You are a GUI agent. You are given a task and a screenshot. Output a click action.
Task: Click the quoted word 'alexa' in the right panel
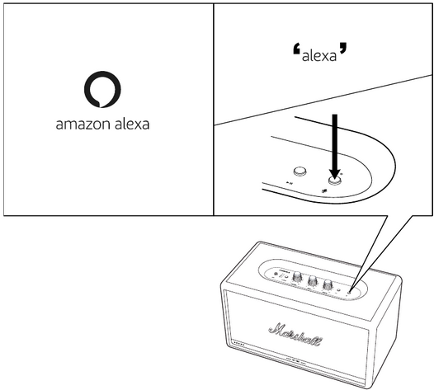tap(319, 55)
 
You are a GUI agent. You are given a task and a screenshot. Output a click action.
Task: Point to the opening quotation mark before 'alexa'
tap(297, 49)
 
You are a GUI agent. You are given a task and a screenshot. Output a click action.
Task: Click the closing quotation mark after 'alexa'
tap(342, 48)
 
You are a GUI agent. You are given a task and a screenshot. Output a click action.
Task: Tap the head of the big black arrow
tap(335, 173)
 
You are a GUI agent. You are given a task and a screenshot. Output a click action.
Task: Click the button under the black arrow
tap(334, 181)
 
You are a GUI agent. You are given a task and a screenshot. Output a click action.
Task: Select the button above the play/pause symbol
tap(300, 172)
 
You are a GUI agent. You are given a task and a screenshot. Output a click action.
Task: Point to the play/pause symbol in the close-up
tap(290, 183)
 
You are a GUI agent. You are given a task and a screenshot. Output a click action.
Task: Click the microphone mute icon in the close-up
tap(324, 190)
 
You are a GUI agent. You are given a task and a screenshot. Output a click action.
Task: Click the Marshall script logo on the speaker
tap(295, 335)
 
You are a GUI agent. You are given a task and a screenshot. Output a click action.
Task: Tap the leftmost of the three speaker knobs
tap(297, 276)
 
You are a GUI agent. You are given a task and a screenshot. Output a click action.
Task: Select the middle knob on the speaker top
tap(313, 280)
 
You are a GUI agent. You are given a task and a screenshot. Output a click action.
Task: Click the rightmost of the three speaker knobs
tap(328, 284)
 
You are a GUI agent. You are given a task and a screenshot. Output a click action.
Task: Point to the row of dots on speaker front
tap(238, 345)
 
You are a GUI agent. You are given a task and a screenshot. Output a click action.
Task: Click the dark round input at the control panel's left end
tap(276, 274)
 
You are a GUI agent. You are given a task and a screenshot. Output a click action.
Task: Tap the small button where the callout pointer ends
tap(349, 292)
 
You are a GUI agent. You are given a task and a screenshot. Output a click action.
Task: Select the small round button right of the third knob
tap(339, 290)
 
